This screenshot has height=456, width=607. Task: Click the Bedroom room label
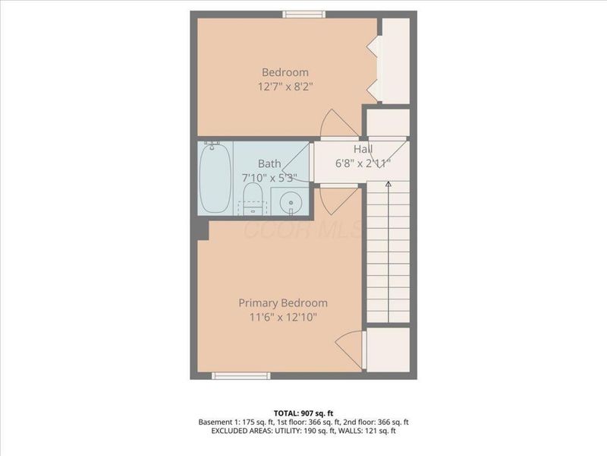point(285,72)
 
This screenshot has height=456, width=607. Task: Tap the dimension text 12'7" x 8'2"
point(285,87)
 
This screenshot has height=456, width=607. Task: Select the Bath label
point(269,163)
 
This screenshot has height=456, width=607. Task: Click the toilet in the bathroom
point(253,197)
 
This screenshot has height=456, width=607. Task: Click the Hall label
point(363,149)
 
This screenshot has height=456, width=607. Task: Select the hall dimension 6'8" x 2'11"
point(363,163)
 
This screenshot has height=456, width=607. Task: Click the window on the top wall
point(304,14)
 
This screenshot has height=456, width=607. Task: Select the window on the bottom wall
point(241,375)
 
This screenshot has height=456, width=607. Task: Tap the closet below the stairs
point(388,350)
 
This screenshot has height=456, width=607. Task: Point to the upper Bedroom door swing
point(335,123)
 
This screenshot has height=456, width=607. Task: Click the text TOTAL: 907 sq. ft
point(303,413)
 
